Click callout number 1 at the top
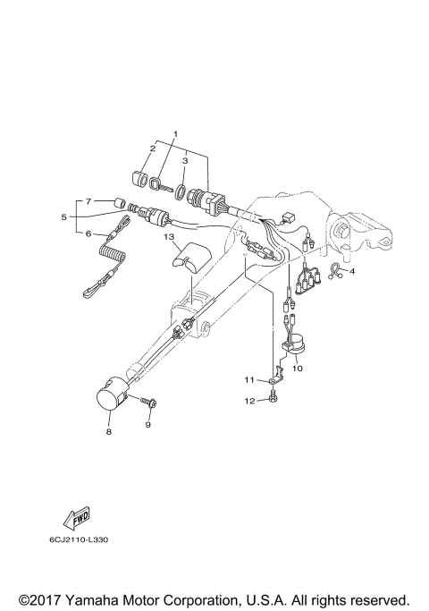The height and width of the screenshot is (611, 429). (175, 133)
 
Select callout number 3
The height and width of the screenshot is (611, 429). (185, 162)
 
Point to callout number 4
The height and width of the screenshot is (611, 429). (352, 270)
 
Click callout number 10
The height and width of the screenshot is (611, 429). (298, 368)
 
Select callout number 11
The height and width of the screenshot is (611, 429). (251, 381)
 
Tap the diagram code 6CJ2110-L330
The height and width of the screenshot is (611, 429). (80, 539)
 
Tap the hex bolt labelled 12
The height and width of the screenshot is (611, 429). (271, 398)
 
